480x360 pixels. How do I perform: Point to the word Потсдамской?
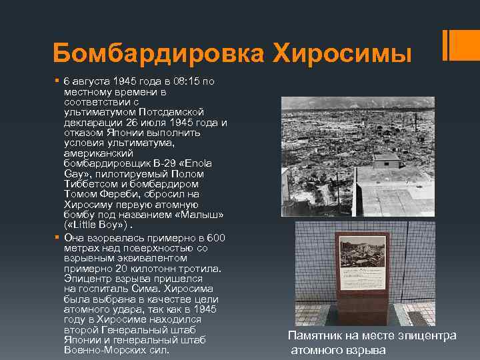coord(177,113)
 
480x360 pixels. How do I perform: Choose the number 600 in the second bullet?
coord(216,238)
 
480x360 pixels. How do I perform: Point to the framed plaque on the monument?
coord(363,263)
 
